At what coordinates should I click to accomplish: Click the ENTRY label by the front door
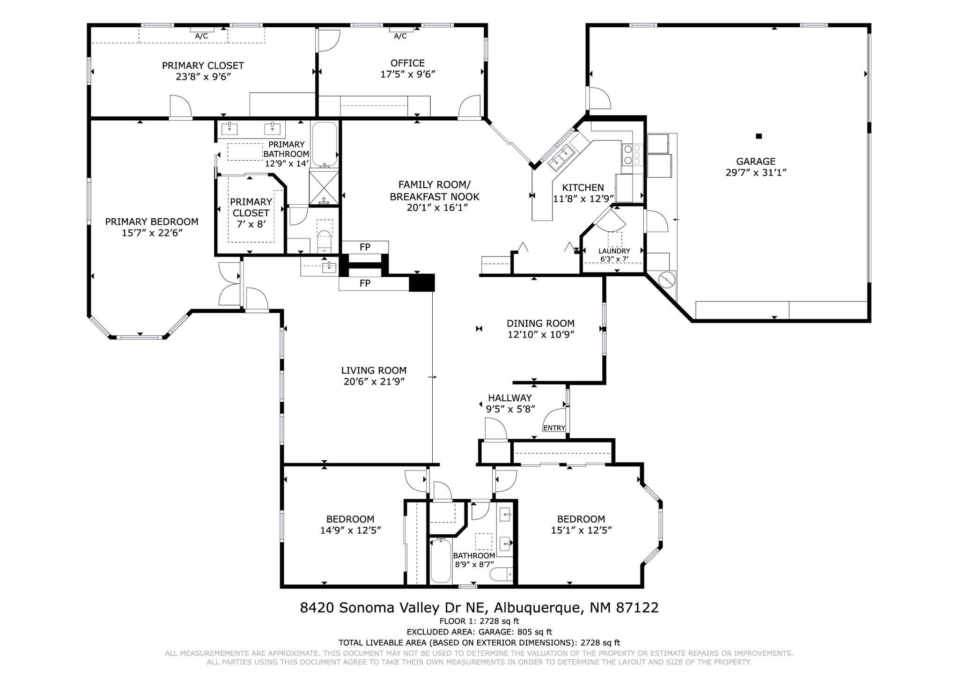[x=554, y=428]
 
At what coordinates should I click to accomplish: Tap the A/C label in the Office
[x=400, y=36]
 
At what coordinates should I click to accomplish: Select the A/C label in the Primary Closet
[x=202, y=36]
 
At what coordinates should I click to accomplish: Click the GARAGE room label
[x=756, y=162]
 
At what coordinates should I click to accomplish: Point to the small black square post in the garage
[x=759, y=136]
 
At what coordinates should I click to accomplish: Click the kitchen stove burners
[x=633, y=155]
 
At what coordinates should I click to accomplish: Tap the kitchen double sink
[x=561, y=156]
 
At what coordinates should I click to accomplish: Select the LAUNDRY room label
[x=614, y=251]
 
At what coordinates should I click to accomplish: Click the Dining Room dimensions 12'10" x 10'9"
[x=541, y=334]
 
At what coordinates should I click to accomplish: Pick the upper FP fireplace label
[x=365, y=247]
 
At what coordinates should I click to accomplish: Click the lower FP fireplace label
[x=365, y=283]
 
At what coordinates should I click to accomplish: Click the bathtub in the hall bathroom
[x=441, y=560]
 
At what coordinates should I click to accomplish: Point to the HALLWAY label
[x=510, y=398]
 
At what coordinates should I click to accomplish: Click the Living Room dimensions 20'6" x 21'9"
[x=374, y=382]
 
